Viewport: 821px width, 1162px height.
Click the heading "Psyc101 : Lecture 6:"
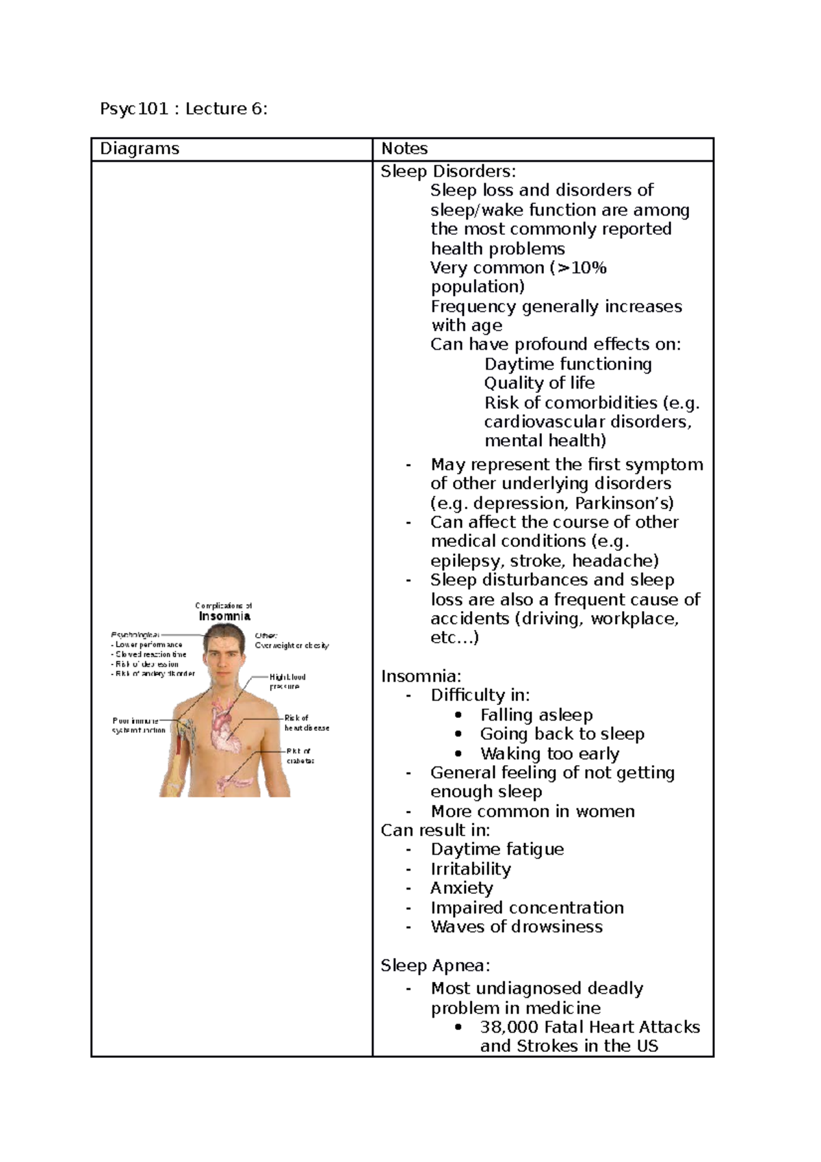[183, 109]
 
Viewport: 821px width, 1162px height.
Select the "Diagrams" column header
[140, 149]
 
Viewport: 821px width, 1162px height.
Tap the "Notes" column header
[404, 149]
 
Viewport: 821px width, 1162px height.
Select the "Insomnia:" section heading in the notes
[421, 676]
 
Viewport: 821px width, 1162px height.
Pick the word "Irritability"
[471, 869]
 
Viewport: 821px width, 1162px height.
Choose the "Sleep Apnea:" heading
[435, 966]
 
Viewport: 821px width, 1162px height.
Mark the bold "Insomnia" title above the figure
[224, 616]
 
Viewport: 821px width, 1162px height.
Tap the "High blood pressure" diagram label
[287, 682]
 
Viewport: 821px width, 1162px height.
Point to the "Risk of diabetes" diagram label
[300, 756]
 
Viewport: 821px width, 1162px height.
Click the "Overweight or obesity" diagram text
[292, 645]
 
